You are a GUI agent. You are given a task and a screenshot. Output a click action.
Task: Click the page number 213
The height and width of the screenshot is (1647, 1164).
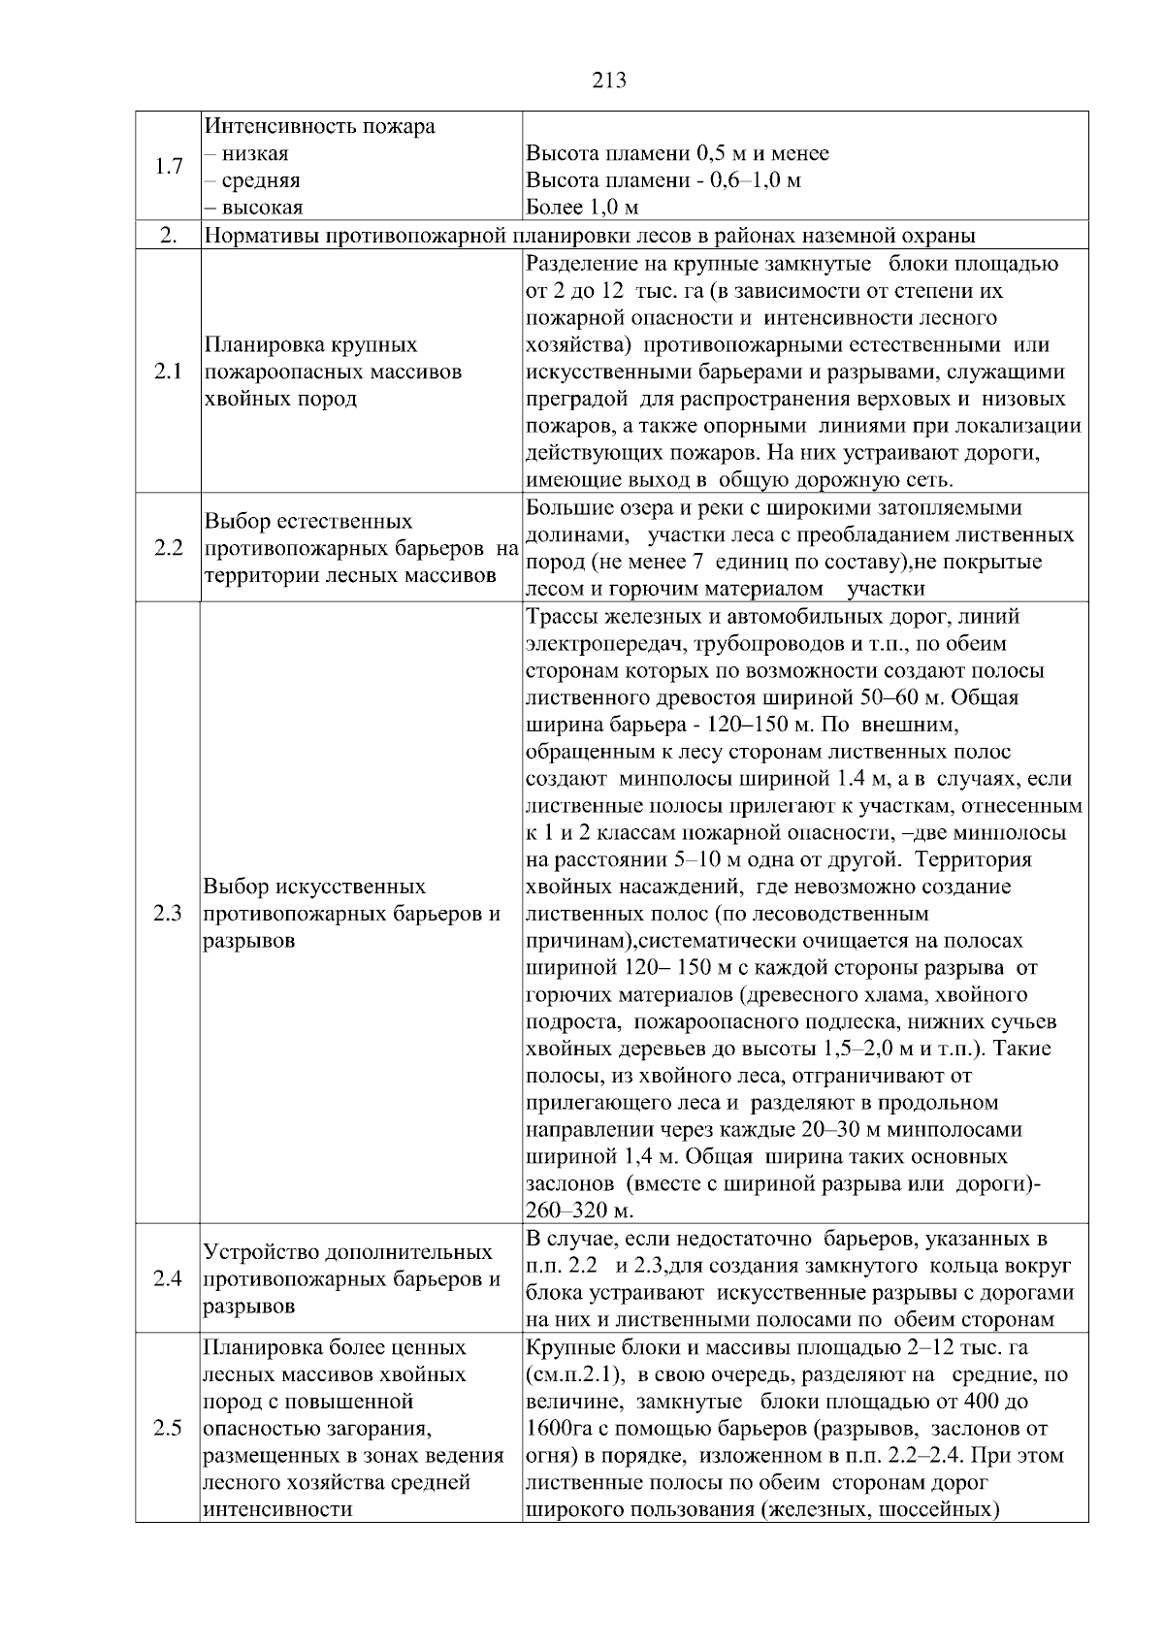608,81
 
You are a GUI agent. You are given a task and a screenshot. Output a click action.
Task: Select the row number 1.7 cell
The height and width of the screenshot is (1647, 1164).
168,167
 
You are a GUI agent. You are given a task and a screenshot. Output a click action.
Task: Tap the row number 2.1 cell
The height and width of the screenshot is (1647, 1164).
168,372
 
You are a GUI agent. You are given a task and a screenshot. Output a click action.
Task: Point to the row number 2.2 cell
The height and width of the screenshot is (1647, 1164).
168,548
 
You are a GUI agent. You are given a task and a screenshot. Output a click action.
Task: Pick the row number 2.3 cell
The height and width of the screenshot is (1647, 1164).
168,914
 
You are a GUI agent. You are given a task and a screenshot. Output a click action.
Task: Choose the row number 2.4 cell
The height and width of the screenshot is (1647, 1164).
168,1278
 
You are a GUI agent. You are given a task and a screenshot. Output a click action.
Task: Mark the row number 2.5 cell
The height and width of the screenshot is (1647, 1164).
168,1429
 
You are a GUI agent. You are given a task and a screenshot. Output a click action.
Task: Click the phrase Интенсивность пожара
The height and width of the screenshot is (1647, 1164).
320,127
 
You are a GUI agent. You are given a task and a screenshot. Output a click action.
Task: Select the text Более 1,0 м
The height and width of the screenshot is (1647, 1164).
582,208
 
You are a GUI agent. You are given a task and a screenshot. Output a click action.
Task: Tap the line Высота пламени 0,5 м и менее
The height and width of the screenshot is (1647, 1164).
677,153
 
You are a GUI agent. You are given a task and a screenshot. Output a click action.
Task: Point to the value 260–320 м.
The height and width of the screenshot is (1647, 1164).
580,1211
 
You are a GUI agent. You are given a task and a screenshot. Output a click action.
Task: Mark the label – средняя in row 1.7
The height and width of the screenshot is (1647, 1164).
251,180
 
